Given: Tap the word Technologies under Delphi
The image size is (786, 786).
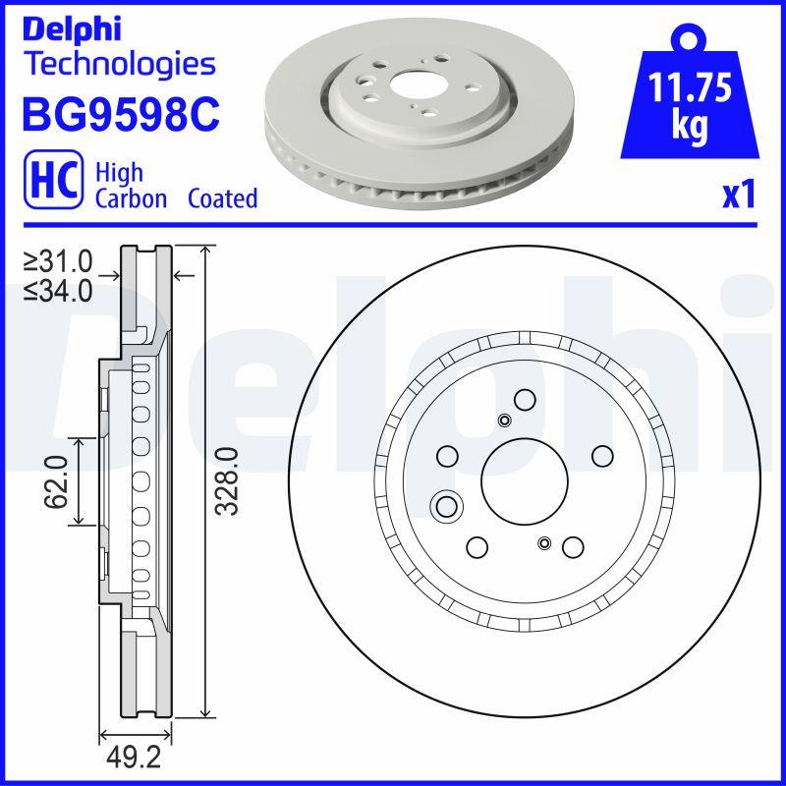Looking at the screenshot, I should coord(119,64).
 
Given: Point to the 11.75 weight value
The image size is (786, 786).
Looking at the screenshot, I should coord(690,90).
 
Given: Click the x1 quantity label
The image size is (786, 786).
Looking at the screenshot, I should coord(739,196).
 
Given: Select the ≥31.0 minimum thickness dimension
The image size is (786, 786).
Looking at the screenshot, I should coord(59,261).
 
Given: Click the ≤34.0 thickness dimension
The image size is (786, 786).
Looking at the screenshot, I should coord(59,290).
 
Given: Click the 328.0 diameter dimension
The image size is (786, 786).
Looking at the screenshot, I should coord(228,481).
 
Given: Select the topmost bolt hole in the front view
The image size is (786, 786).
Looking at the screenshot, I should coord(525,400).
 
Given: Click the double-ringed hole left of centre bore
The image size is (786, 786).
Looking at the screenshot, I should coord(447,507).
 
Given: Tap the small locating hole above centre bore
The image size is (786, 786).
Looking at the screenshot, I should coord(505,421).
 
